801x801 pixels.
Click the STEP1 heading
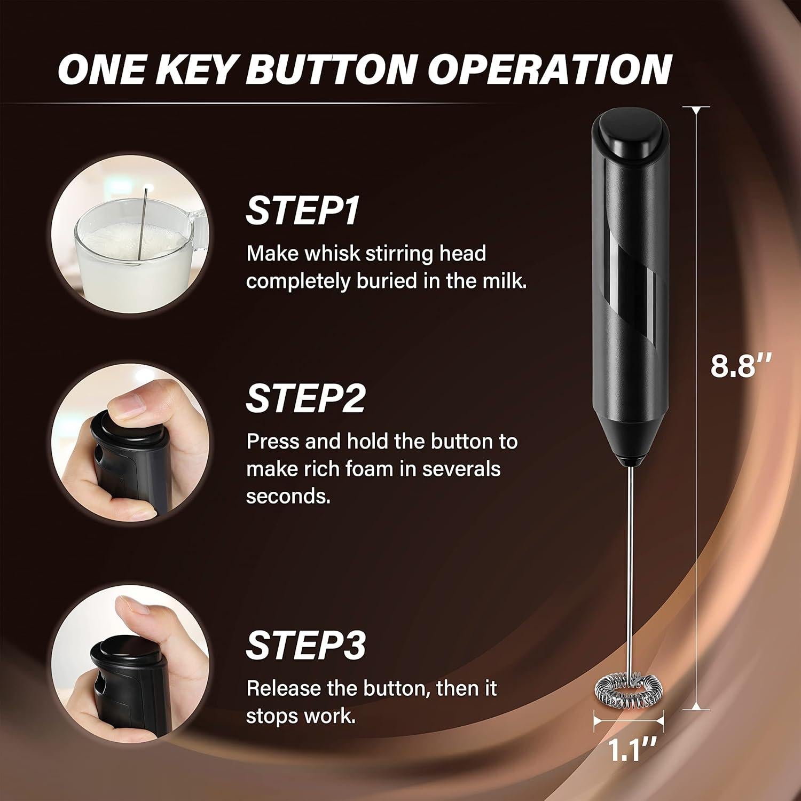(x=302, y=211)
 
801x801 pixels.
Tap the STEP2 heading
(x=305, y=398)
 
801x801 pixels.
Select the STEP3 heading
(x=305, y=645)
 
